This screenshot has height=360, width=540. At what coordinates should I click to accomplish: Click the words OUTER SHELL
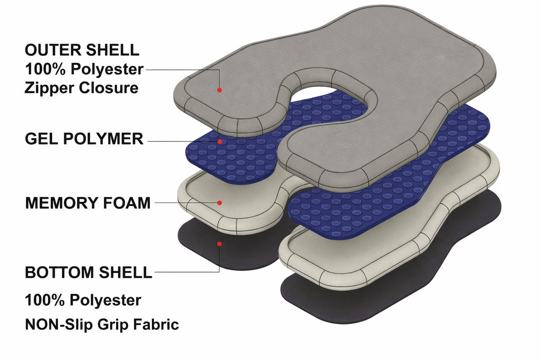[82, 50]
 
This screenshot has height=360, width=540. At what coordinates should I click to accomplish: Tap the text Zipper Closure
[82, 88]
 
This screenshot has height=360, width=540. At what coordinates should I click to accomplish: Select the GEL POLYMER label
[84, 139]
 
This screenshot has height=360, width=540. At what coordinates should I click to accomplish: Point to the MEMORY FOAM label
[88, 203]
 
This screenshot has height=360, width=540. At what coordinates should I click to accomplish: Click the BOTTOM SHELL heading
[89, 272]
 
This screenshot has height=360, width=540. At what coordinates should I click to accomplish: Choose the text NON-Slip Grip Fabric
[102, 324]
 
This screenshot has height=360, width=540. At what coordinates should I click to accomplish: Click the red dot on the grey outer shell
[219, 90]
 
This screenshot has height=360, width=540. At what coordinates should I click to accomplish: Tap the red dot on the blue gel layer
[219, 141]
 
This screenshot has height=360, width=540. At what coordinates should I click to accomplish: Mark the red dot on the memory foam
[219, 203]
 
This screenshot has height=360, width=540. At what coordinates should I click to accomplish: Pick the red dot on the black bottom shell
[219, 244]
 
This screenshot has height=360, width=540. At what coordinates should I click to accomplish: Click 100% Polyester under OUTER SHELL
[84, 69]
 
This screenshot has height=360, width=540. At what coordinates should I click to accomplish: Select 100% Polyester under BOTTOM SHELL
[83, 300]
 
